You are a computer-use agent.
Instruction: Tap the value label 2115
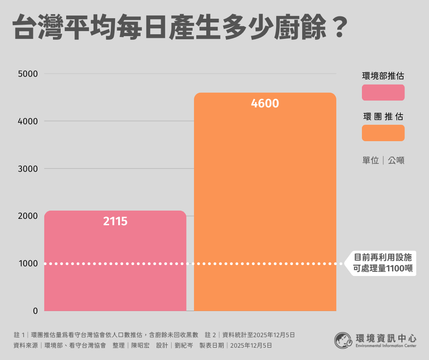pos(115,222)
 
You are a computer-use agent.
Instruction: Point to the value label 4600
pos(265,104)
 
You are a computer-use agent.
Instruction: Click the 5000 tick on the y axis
pos(28,74)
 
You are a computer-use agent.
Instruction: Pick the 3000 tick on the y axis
pos(28,169)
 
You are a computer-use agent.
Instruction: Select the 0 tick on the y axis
pos(35,311)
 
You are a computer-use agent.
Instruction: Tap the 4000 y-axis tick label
pos(28,121)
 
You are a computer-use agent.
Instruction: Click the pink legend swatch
pos(383,92)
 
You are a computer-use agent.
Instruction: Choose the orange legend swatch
pos(383,133)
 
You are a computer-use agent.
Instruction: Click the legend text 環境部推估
pos(383,76)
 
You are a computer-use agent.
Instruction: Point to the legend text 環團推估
pos(383,116)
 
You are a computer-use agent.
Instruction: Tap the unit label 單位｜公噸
pos(383,160)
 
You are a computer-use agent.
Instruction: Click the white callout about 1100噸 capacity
pos(383,263)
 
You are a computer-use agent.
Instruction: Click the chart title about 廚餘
pos(178,28)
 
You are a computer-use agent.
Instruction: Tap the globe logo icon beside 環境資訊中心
pos(343,340)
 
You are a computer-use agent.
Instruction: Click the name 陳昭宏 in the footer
pos(140,345)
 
